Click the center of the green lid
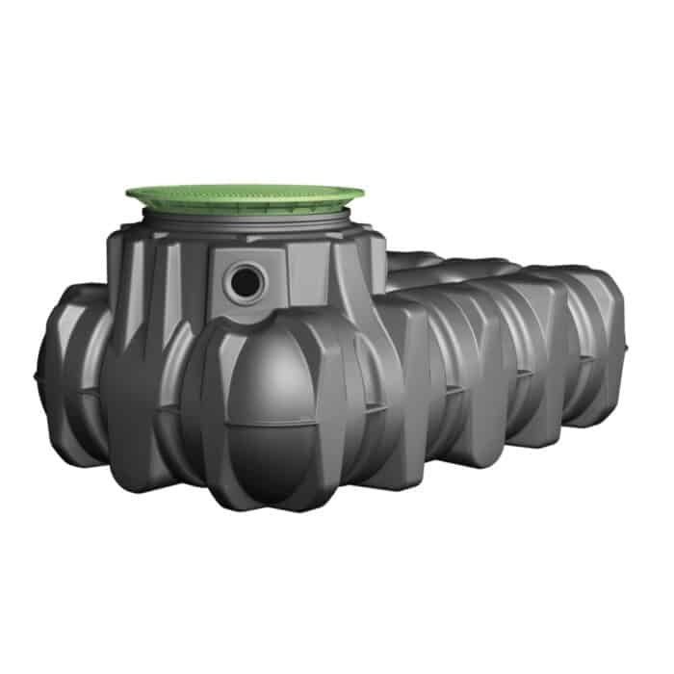(245, 198)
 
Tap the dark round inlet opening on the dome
(246, 281)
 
